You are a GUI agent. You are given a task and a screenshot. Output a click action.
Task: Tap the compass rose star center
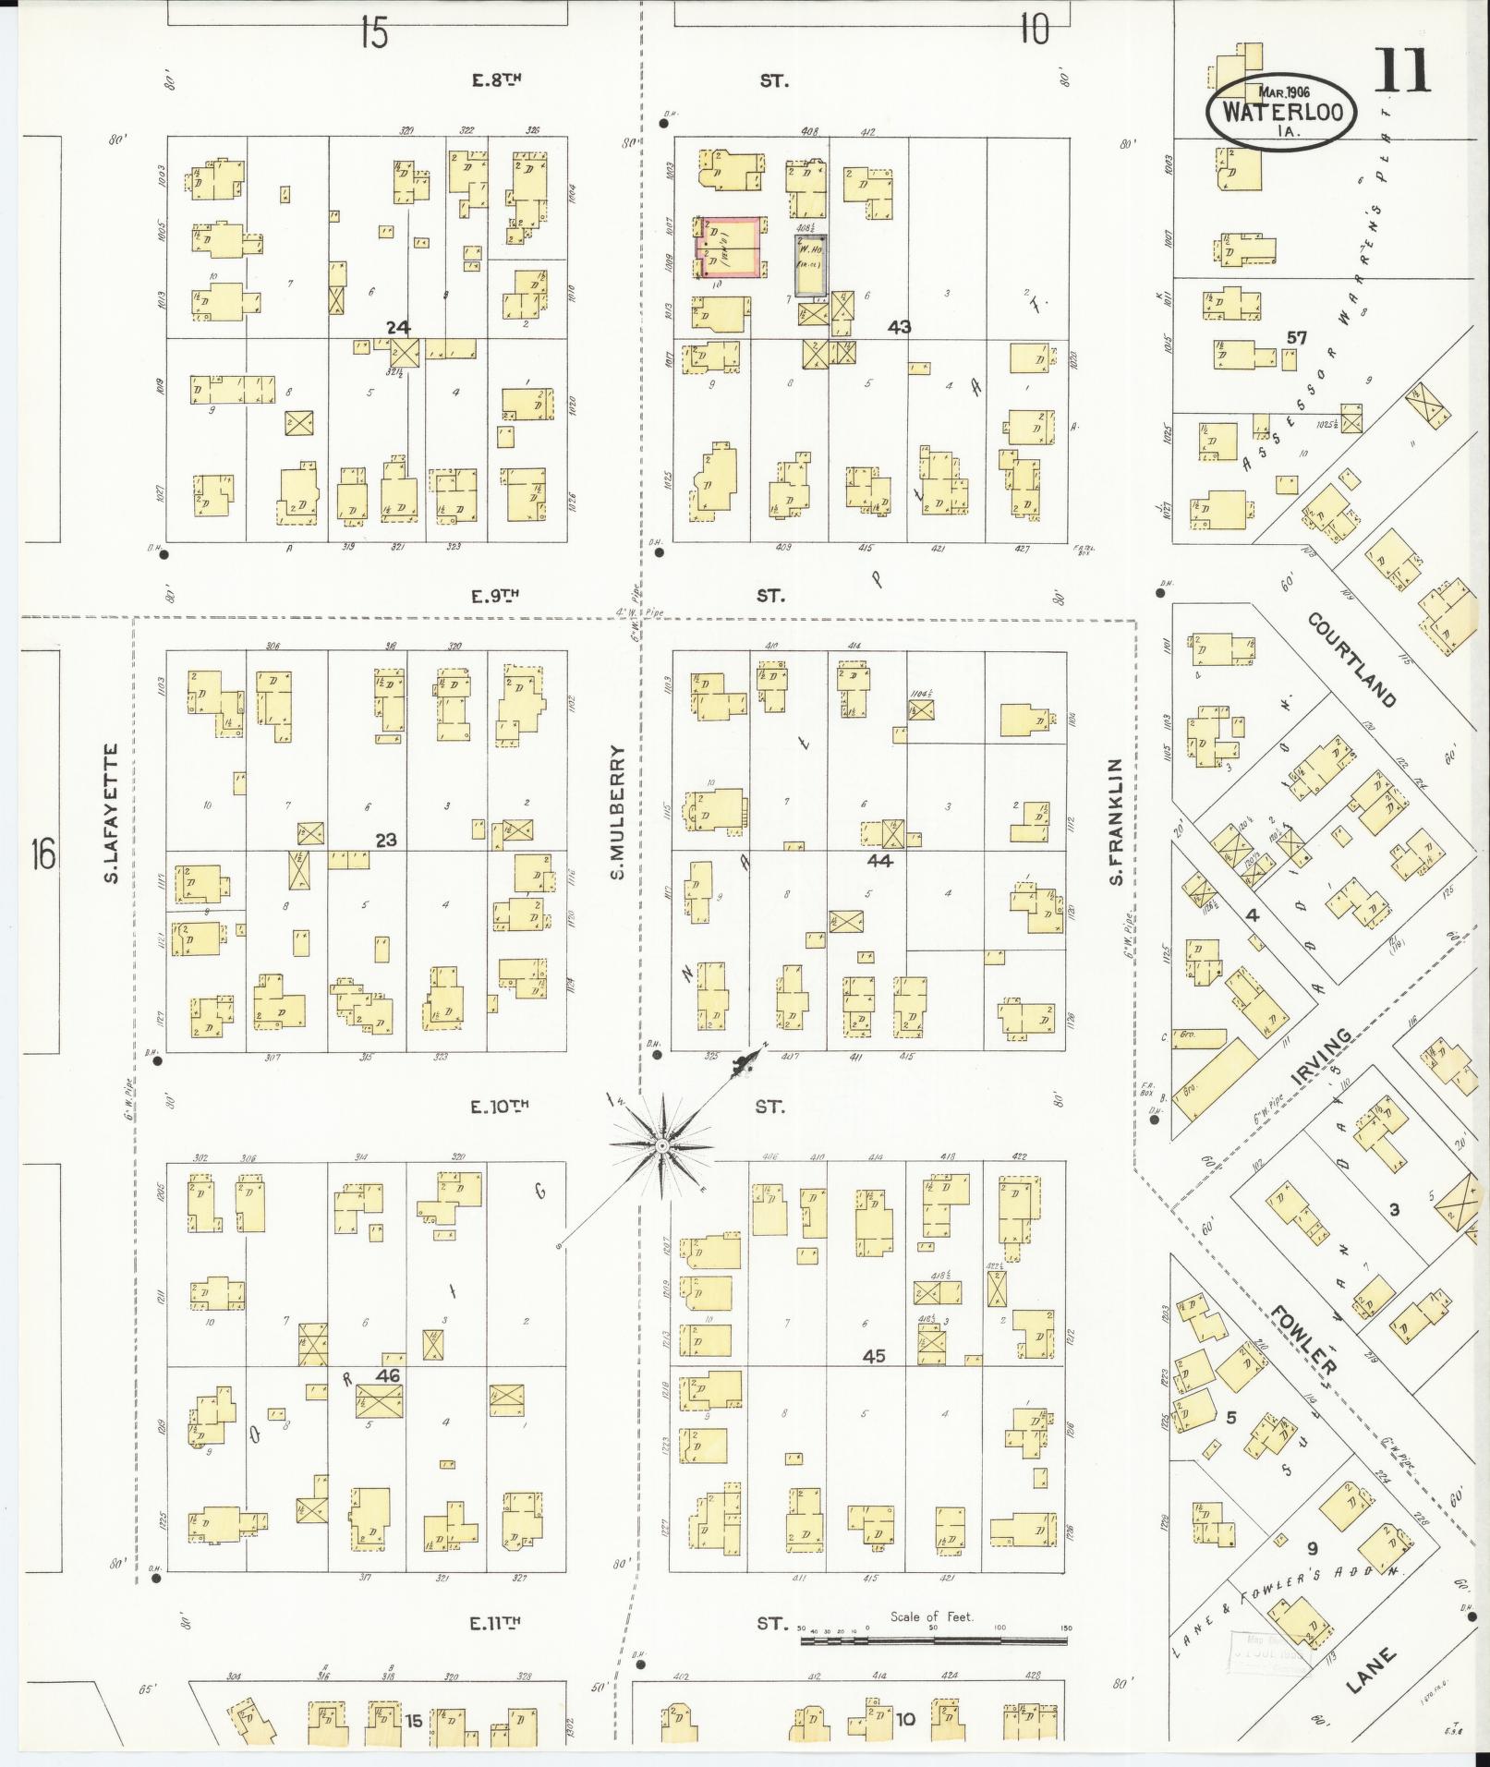tap(661, 1146)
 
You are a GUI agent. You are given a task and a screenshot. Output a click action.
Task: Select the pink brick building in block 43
tap(730, 247)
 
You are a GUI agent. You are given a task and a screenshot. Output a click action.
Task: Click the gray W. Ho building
tap(810, 264)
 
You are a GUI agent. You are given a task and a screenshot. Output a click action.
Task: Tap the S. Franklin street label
tap(1116, 823)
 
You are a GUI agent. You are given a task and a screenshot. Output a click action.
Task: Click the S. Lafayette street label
tap(112, 812)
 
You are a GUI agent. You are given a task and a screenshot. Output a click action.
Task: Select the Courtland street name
tap(1351, 660)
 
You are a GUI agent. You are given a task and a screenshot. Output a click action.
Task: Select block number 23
tap(385, 840)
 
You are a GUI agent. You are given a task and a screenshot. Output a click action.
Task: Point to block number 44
tap(879, 860)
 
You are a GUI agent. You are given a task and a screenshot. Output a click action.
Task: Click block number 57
tap(1296, 338)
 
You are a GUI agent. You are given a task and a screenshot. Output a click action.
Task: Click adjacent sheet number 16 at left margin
tap(42, 852)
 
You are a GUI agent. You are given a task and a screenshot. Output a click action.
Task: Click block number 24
tap(398, 327)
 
